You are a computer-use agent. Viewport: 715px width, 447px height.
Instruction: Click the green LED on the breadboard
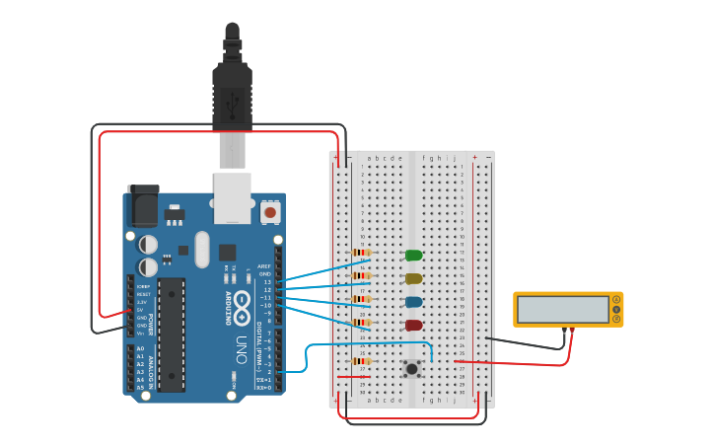point(414,256)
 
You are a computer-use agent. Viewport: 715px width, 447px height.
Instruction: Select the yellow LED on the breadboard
point(414,279)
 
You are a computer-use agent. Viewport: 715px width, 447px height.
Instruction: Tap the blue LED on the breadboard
point(414,302)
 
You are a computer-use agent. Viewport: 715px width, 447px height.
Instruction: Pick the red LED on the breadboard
point(414,325)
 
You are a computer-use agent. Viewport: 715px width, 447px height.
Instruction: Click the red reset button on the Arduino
point(269,211)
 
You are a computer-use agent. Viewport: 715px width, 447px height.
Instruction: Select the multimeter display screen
point(563,309)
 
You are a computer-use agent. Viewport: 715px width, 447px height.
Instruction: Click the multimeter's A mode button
point(617,299)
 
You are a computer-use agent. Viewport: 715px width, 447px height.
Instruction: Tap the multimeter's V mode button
point(617,309)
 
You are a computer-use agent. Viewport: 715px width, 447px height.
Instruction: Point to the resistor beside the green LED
point(362,253)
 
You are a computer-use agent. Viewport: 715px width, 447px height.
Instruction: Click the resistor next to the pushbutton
point(362,361)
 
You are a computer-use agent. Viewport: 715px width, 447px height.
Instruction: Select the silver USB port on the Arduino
point(233,197)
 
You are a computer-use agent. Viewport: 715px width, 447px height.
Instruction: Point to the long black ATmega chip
point(171,334)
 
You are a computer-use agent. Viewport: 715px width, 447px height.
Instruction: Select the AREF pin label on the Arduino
point(264,266)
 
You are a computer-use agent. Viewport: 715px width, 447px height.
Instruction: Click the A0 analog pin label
point(140,349)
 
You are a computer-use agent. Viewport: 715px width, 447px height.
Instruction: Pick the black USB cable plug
point(233,94)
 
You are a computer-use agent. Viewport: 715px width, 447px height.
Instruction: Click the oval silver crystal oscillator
point(202,249)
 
